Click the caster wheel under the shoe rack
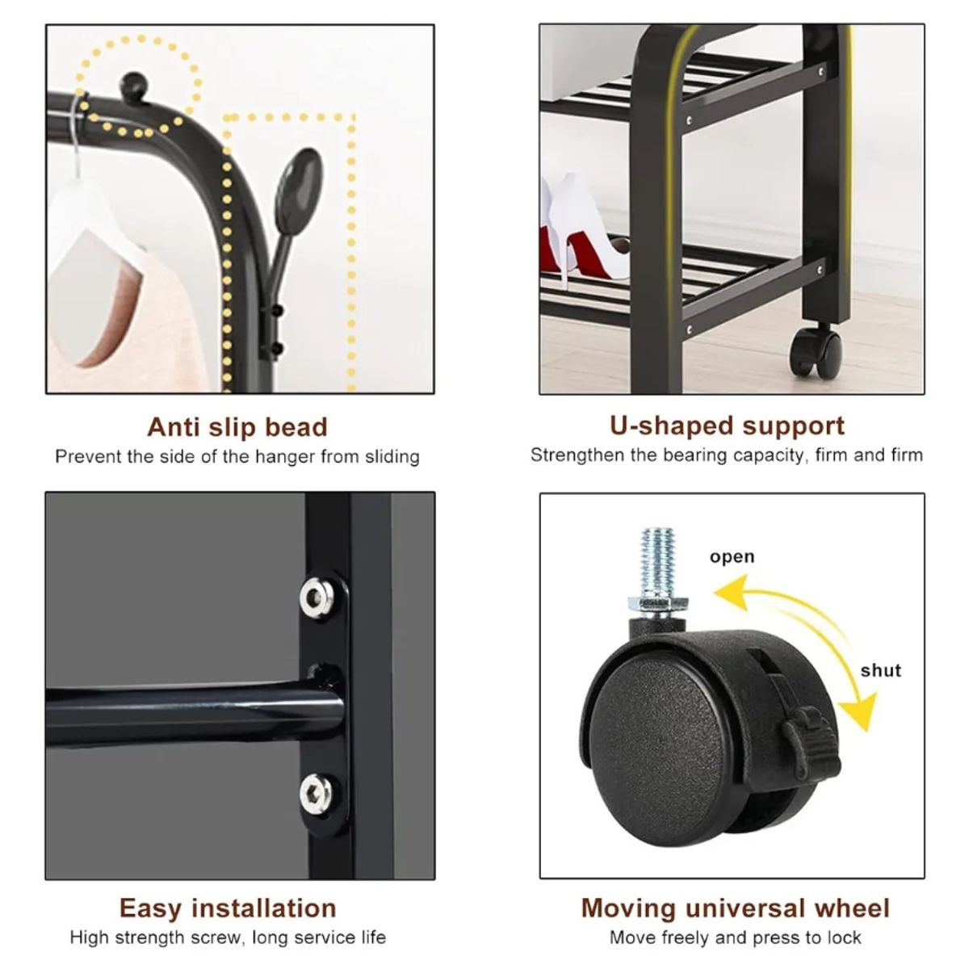815,350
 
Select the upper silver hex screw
317,597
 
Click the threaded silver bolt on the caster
657,562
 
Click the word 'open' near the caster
732,557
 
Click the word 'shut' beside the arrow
880,670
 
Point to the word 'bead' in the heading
296,427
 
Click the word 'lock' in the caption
844,938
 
